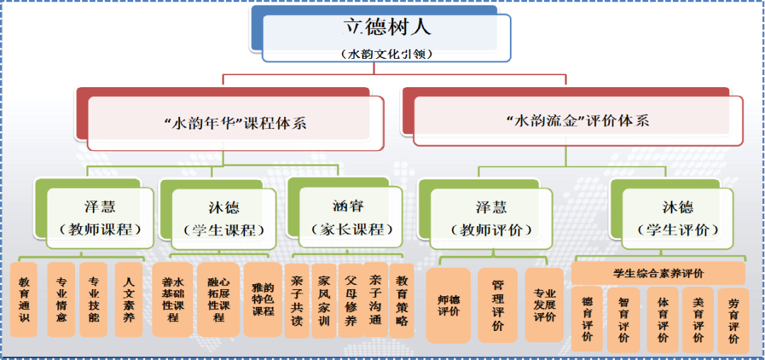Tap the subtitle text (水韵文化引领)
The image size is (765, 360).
coord(387,54)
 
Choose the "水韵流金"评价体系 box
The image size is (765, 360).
coord(578,120)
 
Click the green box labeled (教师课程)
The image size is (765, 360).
coord(99,218)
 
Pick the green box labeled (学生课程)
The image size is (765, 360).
coord(223,218)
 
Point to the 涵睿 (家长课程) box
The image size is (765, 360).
coord(348,218)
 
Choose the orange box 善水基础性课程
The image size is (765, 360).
coord(172,300)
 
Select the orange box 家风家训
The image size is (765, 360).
coord(324,300)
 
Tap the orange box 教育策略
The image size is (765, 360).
coord(402,300)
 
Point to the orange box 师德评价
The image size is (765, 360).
coord(448,305)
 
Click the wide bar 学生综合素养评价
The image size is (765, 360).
coord(658,273)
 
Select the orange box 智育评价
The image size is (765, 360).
coord(623,320)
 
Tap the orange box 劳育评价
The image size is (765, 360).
coord(733,321)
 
